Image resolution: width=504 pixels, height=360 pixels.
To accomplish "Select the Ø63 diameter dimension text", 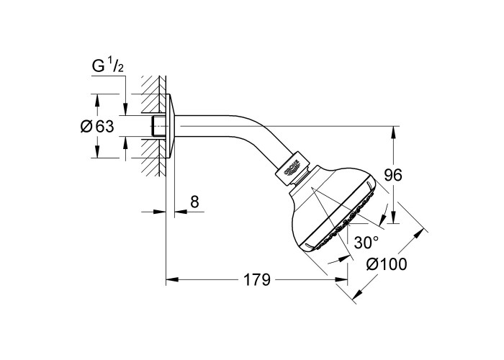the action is pyautogui.click(x=97, y=126).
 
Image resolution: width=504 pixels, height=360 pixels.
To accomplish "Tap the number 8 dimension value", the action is pyautogui.click(x=194, y=202).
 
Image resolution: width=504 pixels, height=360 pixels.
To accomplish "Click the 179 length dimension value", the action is pyautogui.click(x=257, y=279).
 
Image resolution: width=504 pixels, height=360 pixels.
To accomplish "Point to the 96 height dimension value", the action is pyautogui.click(x=393, y=175).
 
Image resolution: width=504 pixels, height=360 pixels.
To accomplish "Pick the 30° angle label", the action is pyautogui.click(x=366, y=242).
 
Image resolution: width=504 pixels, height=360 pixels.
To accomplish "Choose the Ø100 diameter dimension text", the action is pyautogui.click(x=387, y=264).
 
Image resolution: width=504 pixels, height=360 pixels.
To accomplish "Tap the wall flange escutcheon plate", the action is pyautogui.click(x=171, y=126).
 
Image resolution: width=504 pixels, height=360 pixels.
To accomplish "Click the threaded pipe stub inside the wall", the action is pyautogui.click(x=158, y=126).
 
